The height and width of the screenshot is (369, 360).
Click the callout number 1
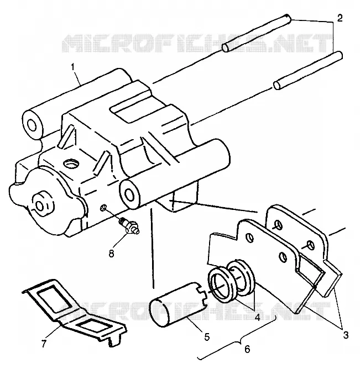click(73, 67)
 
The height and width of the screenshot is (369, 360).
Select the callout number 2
click(340, 18)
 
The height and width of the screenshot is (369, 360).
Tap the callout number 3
click(346, 335)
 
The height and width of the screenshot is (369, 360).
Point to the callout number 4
click(258, 318)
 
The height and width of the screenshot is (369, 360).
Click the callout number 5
click(207, 337)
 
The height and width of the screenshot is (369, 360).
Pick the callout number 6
click(247, 349)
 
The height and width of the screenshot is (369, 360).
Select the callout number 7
click(44, 344)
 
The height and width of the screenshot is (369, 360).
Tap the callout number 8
click(112, 254)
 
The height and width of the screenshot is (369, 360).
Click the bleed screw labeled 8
click(129, 226)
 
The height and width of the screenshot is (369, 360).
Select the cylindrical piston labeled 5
click(178, 304)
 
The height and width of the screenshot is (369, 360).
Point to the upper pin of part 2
click(257, 33)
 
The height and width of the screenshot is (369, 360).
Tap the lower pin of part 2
click(307, 71)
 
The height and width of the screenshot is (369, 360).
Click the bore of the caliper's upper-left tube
click(32, 125)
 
